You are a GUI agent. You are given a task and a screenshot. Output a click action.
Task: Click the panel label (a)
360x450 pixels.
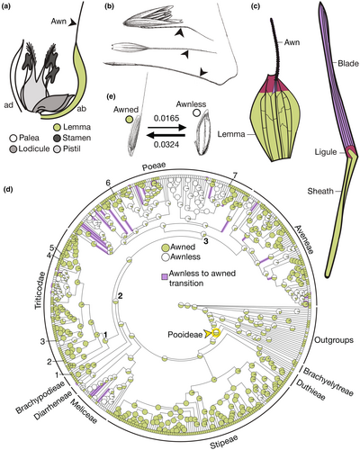click(x=8, y=6)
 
